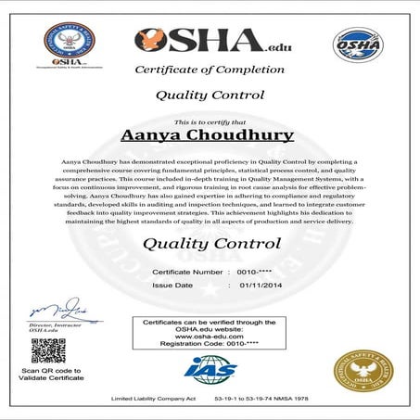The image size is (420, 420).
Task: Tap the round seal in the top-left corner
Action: pyautogui.click(x=70, y=44)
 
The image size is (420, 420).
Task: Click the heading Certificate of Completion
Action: pyautogui.click(x=210, y=70)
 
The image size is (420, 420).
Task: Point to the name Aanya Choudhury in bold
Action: pyautogui.click(x=208, y=135)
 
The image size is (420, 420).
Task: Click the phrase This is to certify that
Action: pyautogui.click(x=209, y=121)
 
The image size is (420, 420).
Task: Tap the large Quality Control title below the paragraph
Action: pyautogui.click(x=211, y=244)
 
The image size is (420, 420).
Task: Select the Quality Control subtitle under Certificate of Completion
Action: pyautogui.click(x=210, y=95)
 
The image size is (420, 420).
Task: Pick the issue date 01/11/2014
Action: pyautogui.click(x=259, y=286)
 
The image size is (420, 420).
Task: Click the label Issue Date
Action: pyautogui.click(x=172, y=286)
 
